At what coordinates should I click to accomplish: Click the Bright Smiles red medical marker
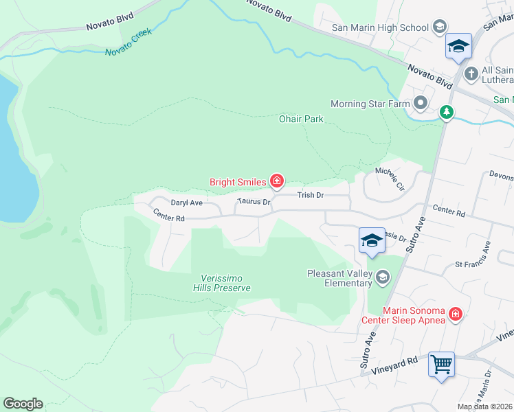coord(276,181)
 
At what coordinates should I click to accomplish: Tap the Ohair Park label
coord(300,119)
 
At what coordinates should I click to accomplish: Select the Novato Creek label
coord(128,43)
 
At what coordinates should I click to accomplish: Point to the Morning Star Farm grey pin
coord(421,104)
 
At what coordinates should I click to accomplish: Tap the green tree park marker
coord(447,111)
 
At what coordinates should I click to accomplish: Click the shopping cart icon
coord(441,363)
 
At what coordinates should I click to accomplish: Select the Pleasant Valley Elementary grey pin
coord(382,277)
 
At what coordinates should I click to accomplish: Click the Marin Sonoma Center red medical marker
coord(454,314)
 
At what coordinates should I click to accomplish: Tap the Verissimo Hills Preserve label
coord(225,283)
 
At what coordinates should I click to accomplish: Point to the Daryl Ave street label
coord(187,203)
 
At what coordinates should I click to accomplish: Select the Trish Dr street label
coord(311,196)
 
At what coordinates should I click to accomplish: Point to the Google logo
coord(23,404)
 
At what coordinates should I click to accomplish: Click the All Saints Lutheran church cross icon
coord(471,73)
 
